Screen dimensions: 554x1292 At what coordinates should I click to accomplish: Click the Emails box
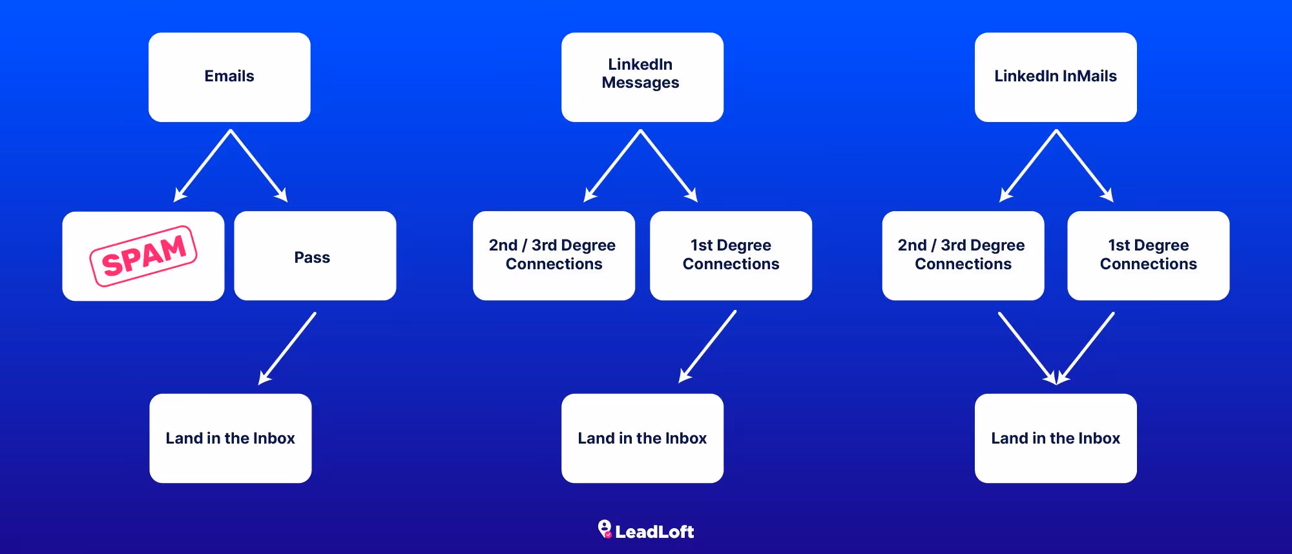(229, 77)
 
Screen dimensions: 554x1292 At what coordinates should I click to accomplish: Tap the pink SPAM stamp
(143, 256)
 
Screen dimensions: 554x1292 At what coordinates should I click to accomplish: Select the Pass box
(315, 256)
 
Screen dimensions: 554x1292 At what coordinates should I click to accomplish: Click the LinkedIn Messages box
(642, 77)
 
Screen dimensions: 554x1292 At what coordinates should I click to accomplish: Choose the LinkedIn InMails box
(1056, 77)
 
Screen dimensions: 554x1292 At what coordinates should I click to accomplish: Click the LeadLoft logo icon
(605, 529)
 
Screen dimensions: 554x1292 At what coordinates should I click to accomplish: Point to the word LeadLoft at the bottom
(654, 532)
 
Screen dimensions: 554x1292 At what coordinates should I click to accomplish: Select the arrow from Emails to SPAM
(203, 166)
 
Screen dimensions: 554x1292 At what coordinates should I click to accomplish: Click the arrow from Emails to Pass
(259, 166)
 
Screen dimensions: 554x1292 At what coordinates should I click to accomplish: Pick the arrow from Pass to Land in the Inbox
(287, 349)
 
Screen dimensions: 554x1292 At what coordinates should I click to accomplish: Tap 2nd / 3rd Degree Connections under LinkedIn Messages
(554, 256)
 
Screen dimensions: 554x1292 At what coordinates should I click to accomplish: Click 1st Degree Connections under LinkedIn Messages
(731, 256)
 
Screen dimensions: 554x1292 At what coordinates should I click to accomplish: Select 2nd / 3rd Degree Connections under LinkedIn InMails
(963, 256)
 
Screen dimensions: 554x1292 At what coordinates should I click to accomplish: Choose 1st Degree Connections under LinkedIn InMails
(1148, 256)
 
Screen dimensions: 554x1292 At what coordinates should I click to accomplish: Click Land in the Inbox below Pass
(231, 438)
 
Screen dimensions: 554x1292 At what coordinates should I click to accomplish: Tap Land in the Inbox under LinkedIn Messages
(642, 438)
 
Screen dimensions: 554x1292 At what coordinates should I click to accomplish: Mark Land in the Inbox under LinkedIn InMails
(1056, 438)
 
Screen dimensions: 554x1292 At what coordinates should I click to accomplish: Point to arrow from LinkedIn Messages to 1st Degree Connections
(669, 166)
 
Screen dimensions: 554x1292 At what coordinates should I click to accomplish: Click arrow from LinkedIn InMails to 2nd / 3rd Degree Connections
(1028, 166)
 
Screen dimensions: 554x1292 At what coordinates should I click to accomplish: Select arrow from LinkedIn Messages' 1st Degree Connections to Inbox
(707, 347)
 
